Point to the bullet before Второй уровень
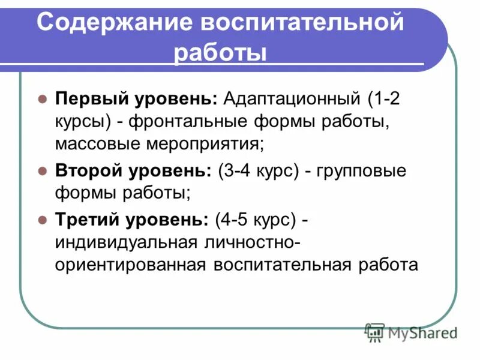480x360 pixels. point(43,171)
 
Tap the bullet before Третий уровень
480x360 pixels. point(43,220)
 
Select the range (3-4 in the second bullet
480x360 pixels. point(238,171)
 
